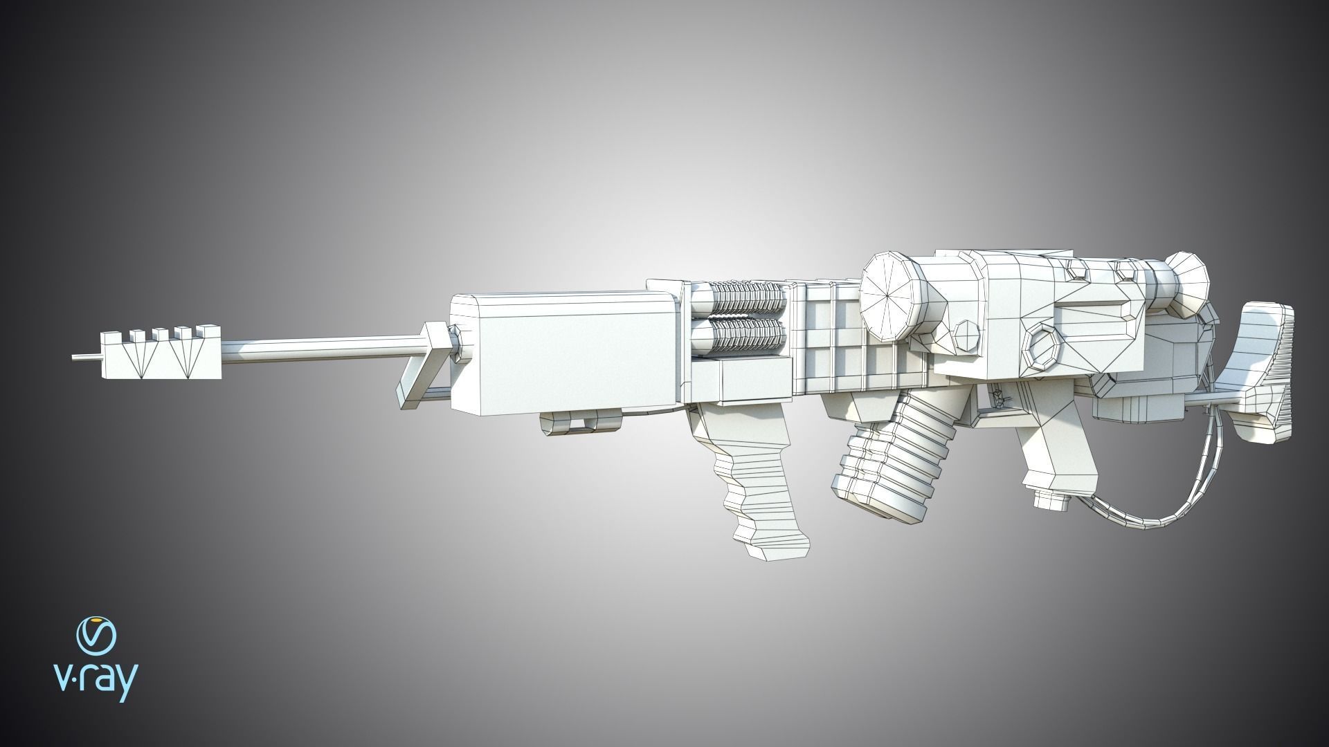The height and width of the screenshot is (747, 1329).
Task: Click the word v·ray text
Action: point(96,683)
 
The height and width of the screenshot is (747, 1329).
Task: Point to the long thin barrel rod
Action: point(318,344)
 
